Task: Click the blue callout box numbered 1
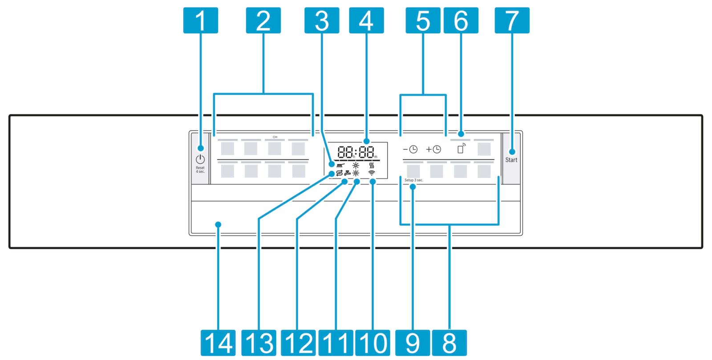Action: (201, 20)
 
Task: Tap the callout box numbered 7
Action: (512, 20)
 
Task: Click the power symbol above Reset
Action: (200, 159)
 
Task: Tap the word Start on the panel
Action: (511, 160)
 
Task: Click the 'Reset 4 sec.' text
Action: (200, 170)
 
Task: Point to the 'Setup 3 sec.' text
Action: (414, 180)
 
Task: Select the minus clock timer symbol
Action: (410, 150)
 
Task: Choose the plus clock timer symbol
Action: (433, 150)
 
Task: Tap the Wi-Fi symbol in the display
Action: (372, 173)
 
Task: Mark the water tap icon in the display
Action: (348, 173)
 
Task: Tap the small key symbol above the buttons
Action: (275, 137)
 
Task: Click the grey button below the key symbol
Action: (275, 148)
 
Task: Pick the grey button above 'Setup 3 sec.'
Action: (413, 171)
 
